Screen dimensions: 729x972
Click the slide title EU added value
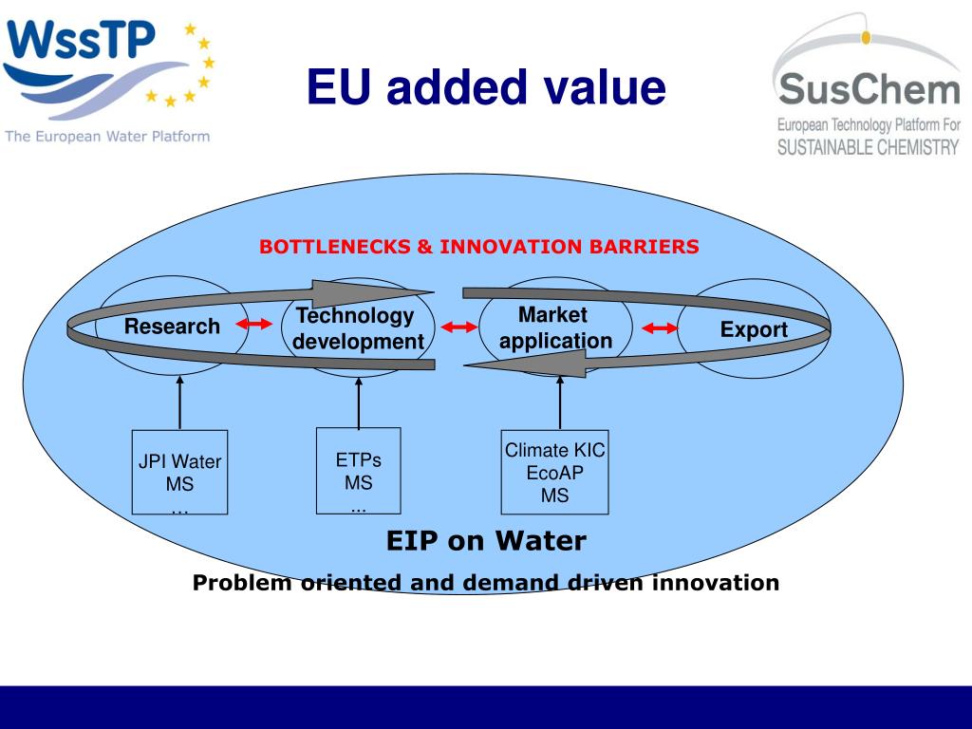[486, 88]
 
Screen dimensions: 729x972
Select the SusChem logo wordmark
[868, 91]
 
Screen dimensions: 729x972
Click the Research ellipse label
[172, 327]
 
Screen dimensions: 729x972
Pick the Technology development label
[357, 328]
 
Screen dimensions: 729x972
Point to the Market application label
[555, 327]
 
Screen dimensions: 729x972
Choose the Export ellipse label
[754, 330]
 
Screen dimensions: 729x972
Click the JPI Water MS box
[179, 473]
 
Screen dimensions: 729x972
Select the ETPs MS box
[358, 471]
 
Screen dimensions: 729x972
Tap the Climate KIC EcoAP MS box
[554, 473]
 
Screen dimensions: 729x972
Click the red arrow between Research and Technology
[253, 326]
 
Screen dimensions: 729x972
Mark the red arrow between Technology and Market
[459, 327]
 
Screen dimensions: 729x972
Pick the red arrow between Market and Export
[661, 329]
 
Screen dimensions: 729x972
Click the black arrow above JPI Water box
[179, 402]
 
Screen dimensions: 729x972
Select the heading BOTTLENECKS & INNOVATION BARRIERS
[479, 247]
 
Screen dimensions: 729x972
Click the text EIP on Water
[486, 541]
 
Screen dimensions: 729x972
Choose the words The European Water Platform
[107, 136]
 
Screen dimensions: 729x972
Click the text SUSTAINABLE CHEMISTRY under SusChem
[868, 147]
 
